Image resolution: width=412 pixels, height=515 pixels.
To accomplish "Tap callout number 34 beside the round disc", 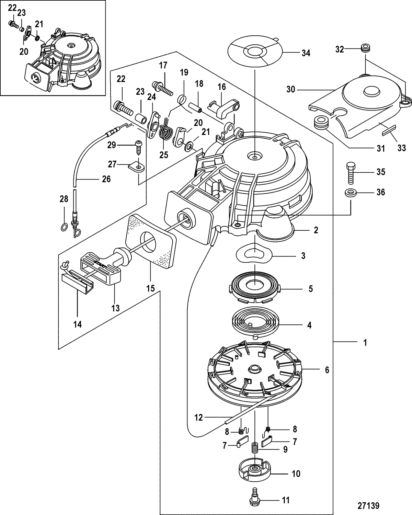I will pyautogui.click(x=306, y=53).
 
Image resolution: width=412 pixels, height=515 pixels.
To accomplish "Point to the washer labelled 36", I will pyautogui.click(x=351, y=193).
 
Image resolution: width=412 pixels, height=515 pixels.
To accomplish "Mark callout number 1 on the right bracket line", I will pyautogui.click(x=365, y=342).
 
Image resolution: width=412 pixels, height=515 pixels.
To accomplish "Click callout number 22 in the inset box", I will pyautogui.click(x=12, y=7).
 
